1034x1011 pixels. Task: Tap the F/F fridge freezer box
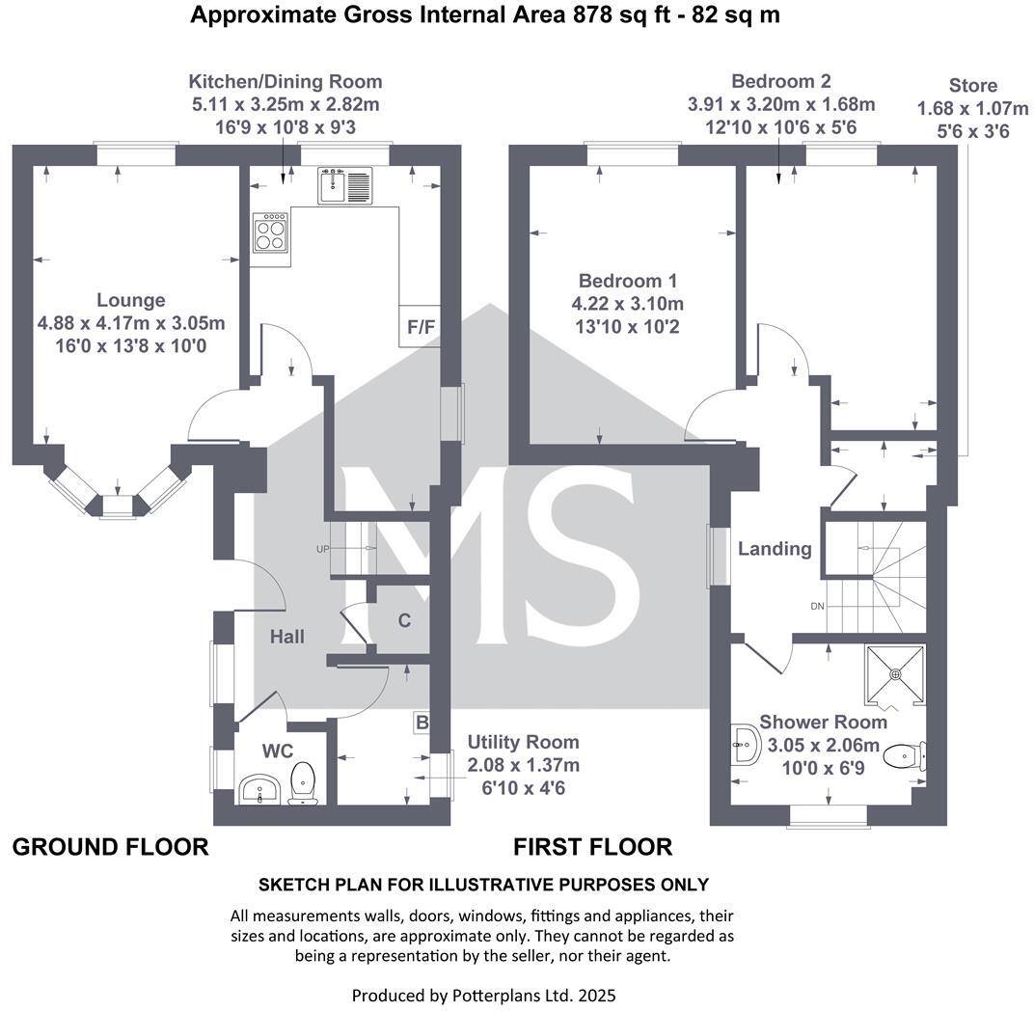[421, 327]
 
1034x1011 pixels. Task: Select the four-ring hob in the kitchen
[271, 232]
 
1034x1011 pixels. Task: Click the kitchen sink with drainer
[344, 185]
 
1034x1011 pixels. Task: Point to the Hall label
[286, 637]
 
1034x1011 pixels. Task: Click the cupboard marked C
[404, 620]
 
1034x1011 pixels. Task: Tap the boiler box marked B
[422, 723]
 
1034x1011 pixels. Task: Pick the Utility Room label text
[523, 742]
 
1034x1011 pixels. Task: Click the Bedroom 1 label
[627, 281]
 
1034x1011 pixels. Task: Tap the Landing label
[775, 549]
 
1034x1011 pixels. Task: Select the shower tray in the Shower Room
[895, 674]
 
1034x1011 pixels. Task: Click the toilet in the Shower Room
[905, 755]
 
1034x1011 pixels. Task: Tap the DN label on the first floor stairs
[818, 607]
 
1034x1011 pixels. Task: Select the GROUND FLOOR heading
[110, 847]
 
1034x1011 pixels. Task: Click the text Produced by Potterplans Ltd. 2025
[483, 995]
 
